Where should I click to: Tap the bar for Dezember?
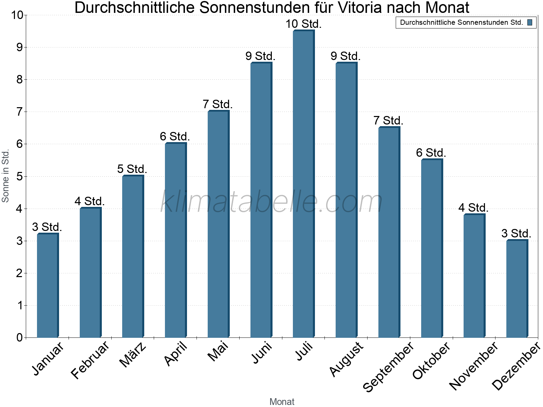coord(517,289)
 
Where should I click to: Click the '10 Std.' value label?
coord(303,24)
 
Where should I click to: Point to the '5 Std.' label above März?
coord(132,169)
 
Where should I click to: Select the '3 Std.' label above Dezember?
coord(516,234)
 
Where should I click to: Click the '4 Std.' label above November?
coord(473,208)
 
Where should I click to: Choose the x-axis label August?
coord(346,359)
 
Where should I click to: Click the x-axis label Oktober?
coord(431,360)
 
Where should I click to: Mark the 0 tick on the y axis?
coord(19,338)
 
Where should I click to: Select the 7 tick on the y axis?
coord(19,112)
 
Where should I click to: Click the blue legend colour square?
coord(529,23)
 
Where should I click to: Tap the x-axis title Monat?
coord(282,402)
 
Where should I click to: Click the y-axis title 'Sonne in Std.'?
coord(5,176)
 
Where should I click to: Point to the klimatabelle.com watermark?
coord(271,202)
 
